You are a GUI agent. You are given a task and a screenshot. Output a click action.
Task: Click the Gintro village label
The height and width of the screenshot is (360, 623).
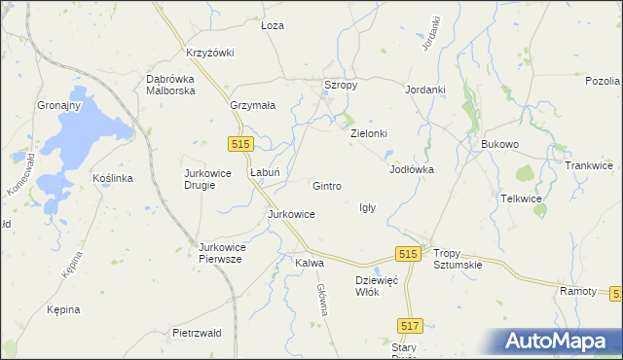click(326, 185)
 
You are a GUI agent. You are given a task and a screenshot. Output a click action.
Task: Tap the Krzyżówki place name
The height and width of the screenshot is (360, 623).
click(209, 53)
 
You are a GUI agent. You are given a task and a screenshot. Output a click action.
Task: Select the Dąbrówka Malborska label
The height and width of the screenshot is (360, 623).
click(171, 85)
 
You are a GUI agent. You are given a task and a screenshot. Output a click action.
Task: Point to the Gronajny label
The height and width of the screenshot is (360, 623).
click(59, 104)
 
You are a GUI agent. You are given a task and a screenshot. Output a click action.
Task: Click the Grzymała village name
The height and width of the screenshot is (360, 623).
click(253, 104)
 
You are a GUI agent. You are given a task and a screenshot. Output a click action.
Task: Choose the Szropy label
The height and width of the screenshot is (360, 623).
click(341, 86)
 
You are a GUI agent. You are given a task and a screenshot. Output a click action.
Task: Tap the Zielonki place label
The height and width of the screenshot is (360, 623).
click(369, 133)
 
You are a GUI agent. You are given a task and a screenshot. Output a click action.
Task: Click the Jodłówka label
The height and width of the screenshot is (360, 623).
click(411, 169)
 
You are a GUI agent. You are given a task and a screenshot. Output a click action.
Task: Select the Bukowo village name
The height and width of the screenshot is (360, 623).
click(500, 144)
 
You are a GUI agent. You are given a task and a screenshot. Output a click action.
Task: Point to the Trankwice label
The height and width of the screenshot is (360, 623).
click(588, 165)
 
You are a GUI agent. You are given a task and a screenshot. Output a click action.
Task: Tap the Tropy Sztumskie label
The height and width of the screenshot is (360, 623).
click(458, 258)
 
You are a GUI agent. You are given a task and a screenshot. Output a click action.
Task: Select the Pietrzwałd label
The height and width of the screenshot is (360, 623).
click(197, 333)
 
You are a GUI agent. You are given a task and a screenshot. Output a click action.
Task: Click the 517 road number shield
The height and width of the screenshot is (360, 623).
click(410, 327)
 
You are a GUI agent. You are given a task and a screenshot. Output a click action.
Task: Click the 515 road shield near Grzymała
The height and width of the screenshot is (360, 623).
click(243, 143)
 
